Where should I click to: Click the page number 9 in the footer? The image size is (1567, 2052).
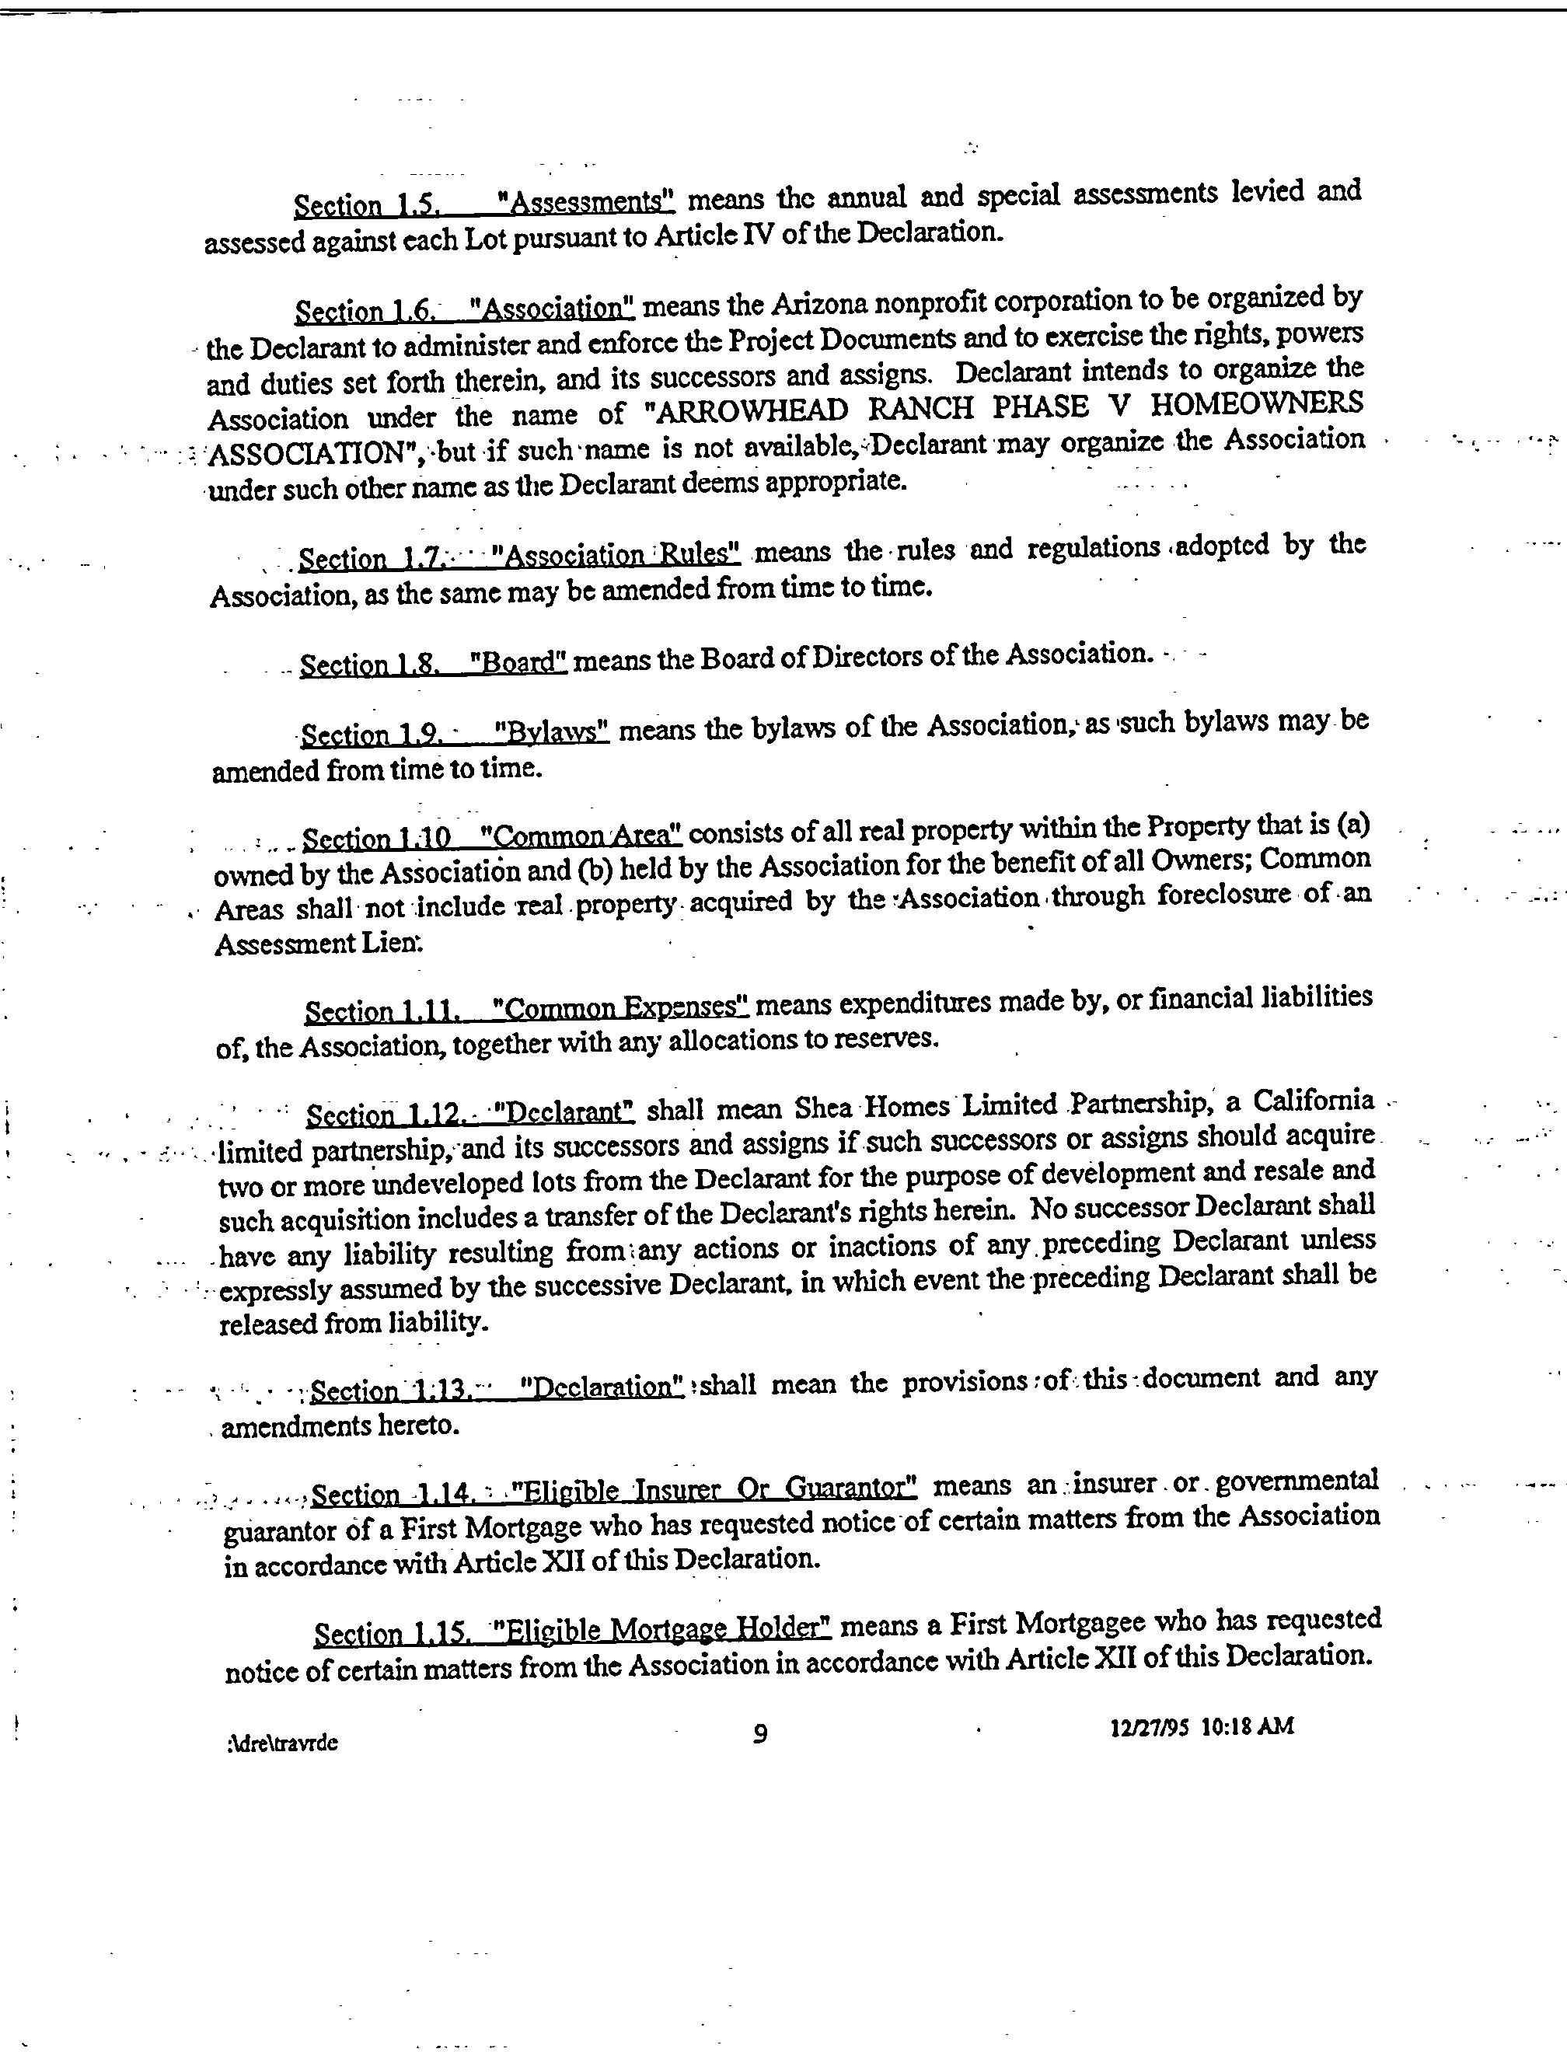click(x=760, y=1734)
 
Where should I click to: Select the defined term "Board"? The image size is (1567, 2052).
click(x=518, y=661)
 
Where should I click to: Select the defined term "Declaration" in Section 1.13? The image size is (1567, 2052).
click(x=602, y=1386)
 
